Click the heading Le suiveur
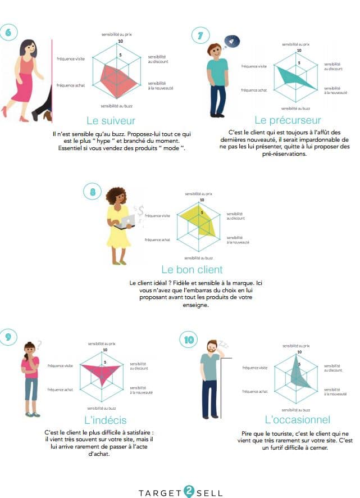click(111, 121)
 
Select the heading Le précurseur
click(288, 120)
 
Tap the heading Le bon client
click(192, 270)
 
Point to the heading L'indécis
click(106, 420)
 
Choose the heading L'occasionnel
click(298, 419)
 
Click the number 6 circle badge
click(8, 32)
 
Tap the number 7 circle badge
click(200, 35)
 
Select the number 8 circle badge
click(92, 192)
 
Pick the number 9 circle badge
click(8, 337)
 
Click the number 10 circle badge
click(189, 340)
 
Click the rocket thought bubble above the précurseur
click(231, 41)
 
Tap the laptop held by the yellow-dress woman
click(125, 222)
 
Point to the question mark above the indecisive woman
click(39, 345)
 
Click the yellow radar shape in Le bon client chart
click(202, 221)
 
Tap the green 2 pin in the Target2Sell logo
click(189, 491)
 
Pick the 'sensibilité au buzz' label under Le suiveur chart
click(116, 106)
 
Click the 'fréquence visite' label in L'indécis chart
click(60, 366)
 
